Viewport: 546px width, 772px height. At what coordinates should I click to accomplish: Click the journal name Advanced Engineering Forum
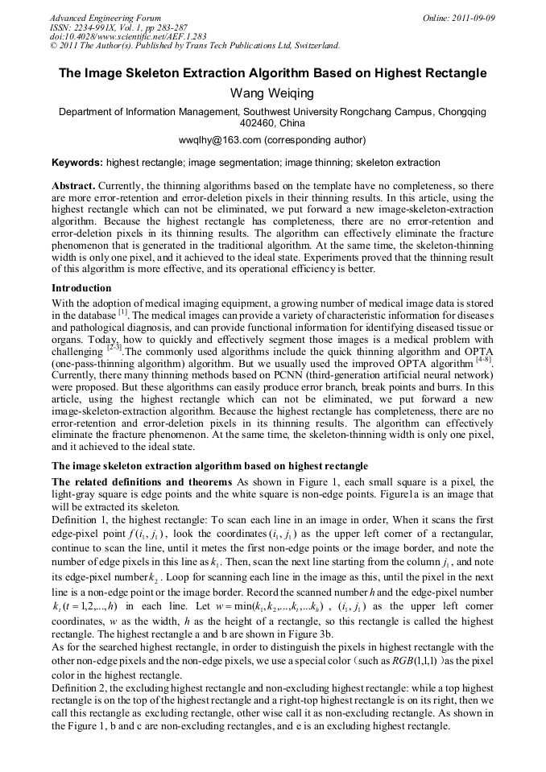(x=105, y=18)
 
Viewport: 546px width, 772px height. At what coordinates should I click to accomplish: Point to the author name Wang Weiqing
(x=272, y=94)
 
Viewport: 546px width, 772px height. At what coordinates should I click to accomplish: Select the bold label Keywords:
(x=77, y=162)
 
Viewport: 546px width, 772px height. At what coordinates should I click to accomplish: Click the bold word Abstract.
(x=73, y=185)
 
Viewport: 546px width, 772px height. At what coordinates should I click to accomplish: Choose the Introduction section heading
(x=81, y=287)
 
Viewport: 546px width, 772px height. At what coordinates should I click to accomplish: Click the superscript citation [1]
(x=123, y=312)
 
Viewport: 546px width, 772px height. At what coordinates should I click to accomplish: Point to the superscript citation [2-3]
(x=114, y=348)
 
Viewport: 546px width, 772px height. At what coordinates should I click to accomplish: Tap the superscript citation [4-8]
(x=484, y=360)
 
